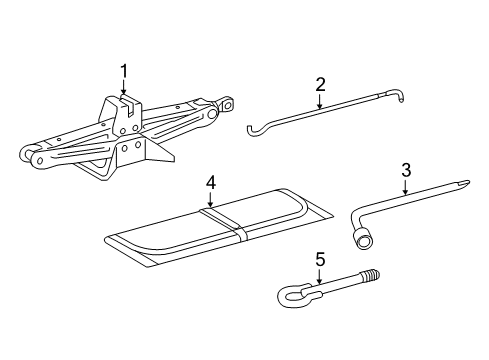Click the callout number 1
[124, 70]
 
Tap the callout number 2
[320, 84]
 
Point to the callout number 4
[211, 182]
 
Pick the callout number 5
[319, 259]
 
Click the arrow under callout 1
[124, 90]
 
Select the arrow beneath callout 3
[406, 185]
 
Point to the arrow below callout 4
[211, 200]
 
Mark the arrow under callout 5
[319, 277]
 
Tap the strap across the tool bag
[228, 226]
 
